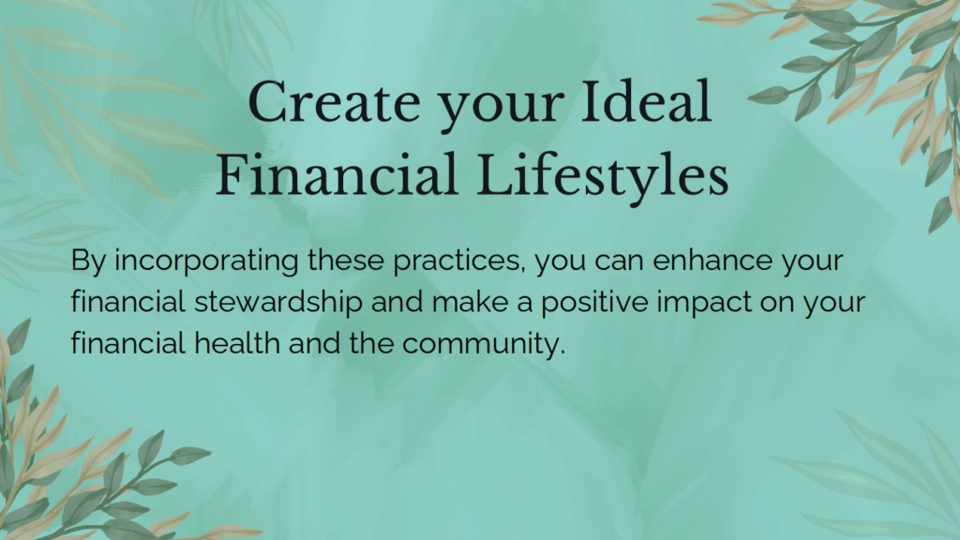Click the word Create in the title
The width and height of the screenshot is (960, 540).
[334, 102]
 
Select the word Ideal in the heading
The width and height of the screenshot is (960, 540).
[646, 101]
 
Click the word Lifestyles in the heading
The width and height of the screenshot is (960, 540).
[602, 177]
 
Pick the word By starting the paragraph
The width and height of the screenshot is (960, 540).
[88, 262]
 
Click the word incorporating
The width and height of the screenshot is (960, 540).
[206, 262]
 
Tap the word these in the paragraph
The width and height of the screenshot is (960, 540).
[345, 260]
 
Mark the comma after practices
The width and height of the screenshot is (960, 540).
[523, 270]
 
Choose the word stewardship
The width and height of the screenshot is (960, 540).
[278, 303]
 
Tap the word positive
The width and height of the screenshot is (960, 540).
[593, 303]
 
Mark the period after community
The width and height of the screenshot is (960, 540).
[562, 352]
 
